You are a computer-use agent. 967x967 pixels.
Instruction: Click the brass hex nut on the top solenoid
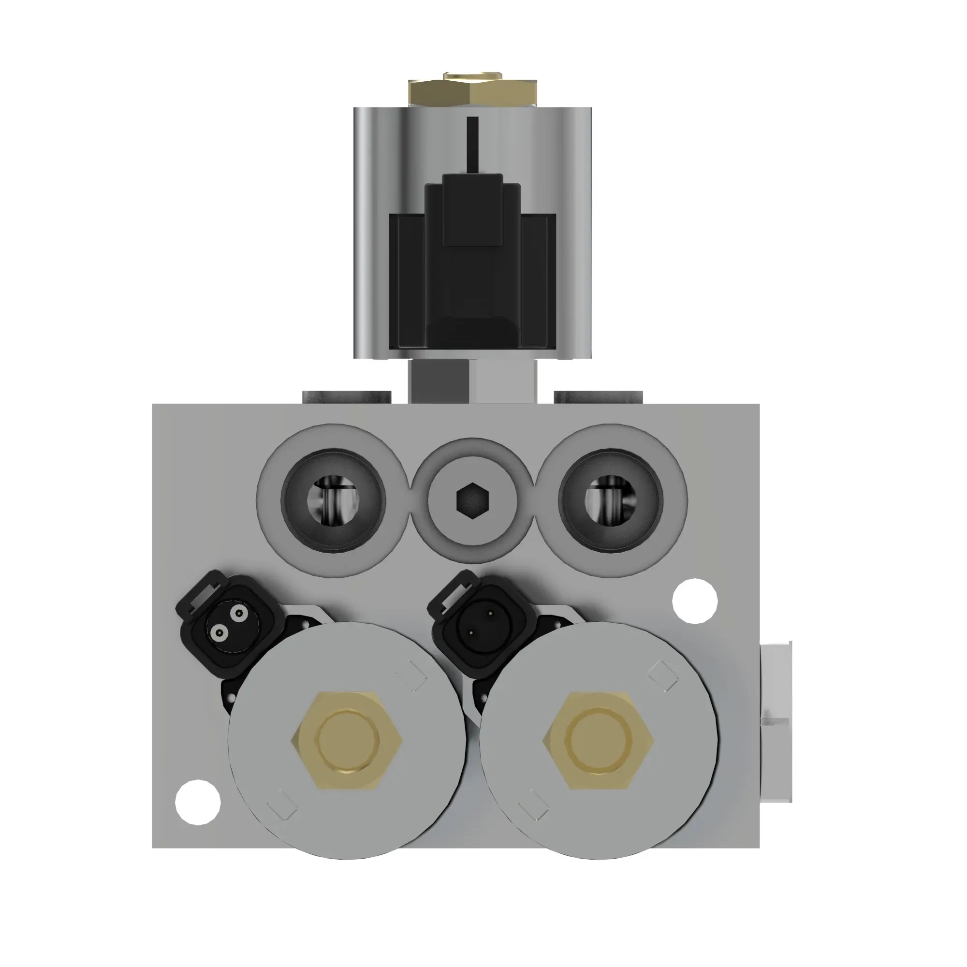click(472, 90)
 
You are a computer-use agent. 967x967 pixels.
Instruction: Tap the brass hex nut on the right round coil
click(598, 740)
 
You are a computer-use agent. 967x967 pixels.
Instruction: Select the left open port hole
click(333, 500)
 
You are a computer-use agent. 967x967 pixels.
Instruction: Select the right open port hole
click(611, 500)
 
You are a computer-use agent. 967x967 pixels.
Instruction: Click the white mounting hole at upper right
click(694, 601)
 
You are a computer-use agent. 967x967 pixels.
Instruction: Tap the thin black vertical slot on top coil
click(472, 145)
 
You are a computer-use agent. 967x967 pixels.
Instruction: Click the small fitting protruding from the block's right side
click(776, 721)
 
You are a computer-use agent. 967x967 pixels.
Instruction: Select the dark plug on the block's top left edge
click(346, 397)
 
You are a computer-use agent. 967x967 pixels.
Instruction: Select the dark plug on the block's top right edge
click(598, 397)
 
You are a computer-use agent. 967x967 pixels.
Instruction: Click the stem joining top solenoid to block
click(472, 381)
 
